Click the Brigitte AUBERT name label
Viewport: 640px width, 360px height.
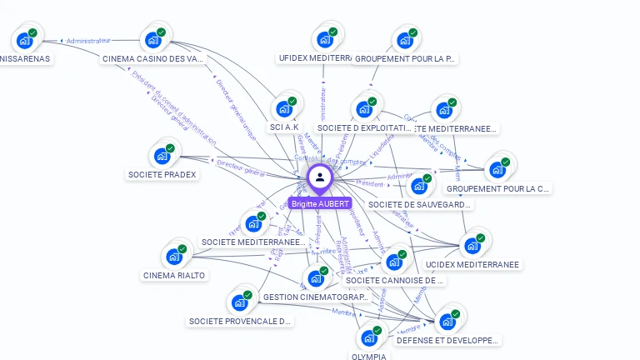click(x=321, y=203)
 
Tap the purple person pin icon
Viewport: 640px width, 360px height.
click(x=320, y=177)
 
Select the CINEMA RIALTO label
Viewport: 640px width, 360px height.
click(x=173, y=275)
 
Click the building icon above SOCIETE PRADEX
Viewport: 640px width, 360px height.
click(x=162, y=156)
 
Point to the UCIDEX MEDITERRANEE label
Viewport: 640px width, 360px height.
click(x=472, y=264)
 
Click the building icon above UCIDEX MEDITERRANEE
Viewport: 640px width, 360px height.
click(x=472, y=245)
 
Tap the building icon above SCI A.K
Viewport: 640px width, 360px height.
click(x=284, y=109)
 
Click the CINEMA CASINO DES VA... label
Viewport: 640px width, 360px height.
click(x=152, y=59)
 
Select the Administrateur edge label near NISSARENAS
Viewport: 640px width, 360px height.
click(x=88, y=40)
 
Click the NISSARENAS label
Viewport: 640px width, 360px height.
click(x=25, y=59)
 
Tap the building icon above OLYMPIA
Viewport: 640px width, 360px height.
click(x=368, y=338)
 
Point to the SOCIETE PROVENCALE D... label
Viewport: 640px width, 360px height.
click(x=240, y=321)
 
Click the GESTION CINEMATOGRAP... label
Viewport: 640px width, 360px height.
click(x=315, y=297)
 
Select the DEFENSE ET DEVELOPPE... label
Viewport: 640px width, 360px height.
click(x=447, y=340)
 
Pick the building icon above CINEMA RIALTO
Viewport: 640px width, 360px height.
click(x=174, y=256)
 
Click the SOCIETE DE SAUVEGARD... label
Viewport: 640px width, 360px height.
click(x=419, y=204)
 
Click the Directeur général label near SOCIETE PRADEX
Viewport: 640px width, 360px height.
click(x=240, y=168)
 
